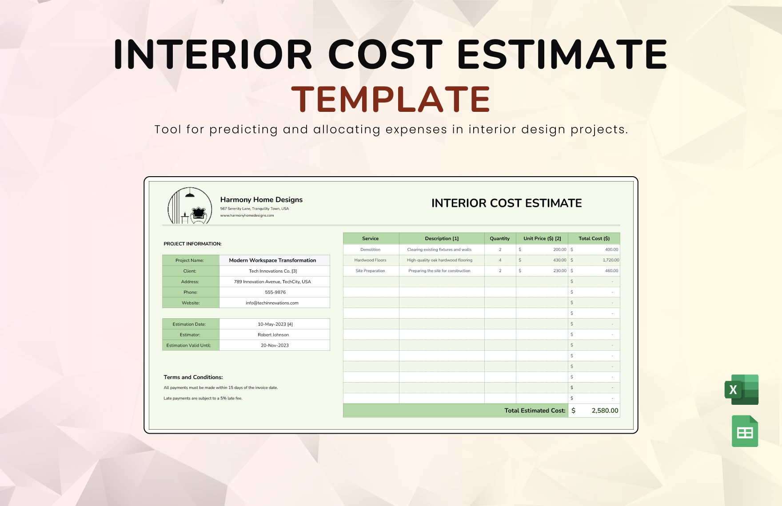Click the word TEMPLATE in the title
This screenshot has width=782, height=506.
tap(391, 99)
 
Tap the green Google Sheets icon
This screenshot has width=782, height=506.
tap(745, 431)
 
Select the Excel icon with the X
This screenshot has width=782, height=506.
tap(741, 390)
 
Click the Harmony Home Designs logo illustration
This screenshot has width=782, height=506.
tap(190, 206)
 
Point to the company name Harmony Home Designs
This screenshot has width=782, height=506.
tap(261, 200)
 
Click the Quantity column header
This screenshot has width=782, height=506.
tap(499, 238)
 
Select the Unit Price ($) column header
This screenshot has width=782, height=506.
tap(542, 238)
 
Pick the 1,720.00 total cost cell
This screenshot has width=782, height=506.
tap(610, 260)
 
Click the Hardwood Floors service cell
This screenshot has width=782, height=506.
tap(370, 260)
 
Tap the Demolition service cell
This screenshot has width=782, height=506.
tap(370, 249)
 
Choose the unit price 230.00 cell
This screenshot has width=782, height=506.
tap(559, 271)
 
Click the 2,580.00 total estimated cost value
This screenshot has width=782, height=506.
tap(604, 411)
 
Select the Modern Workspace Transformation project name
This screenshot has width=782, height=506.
tap(272, 261)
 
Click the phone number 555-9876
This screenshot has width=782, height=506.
tap(275, 293)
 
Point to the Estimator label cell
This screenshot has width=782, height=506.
tap(190, 335)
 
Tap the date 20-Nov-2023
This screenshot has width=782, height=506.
tap(275, 345)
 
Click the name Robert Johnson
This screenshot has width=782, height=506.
tap(273, 335)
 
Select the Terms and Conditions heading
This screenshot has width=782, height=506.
tap(193, 377)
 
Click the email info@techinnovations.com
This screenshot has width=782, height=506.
tap(272, 303)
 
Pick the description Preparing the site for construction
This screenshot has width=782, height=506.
tap(439, 271)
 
